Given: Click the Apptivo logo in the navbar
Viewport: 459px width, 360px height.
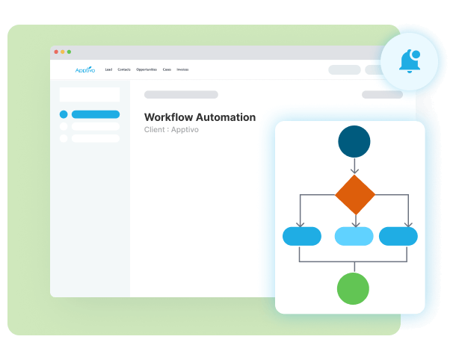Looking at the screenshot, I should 85,69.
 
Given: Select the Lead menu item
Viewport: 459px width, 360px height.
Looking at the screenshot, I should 108,69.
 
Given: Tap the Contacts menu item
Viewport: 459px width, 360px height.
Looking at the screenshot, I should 124,69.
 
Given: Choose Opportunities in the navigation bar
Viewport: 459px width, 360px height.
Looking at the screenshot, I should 147,69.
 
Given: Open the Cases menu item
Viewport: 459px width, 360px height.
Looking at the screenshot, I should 167,69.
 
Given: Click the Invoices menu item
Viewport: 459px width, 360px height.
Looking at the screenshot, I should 182,69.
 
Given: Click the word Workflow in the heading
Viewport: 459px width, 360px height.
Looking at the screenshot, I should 167,117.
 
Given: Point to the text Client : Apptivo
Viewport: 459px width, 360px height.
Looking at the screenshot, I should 171,130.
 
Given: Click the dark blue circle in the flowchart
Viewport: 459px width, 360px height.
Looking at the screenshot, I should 354,141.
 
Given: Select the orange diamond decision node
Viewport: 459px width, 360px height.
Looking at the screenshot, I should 354,195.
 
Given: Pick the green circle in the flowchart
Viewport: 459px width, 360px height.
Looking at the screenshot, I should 354,288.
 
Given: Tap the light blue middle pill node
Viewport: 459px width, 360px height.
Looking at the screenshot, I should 354,237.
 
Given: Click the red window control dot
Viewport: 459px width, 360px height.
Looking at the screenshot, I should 55,52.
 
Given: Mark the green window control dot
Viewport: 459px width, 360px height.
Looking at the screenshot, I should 69,52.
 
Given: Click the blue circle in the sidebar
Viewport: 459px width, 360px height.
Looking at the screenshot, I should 64,114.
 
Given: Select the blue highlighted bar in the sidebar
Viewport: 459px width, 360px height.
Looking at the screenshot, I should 96,114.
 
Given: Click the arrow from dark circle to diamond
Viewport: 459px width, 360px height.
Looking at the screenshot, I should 354,166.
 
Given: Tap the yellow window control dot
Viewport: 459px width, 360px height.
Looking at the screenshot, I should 62,52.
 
